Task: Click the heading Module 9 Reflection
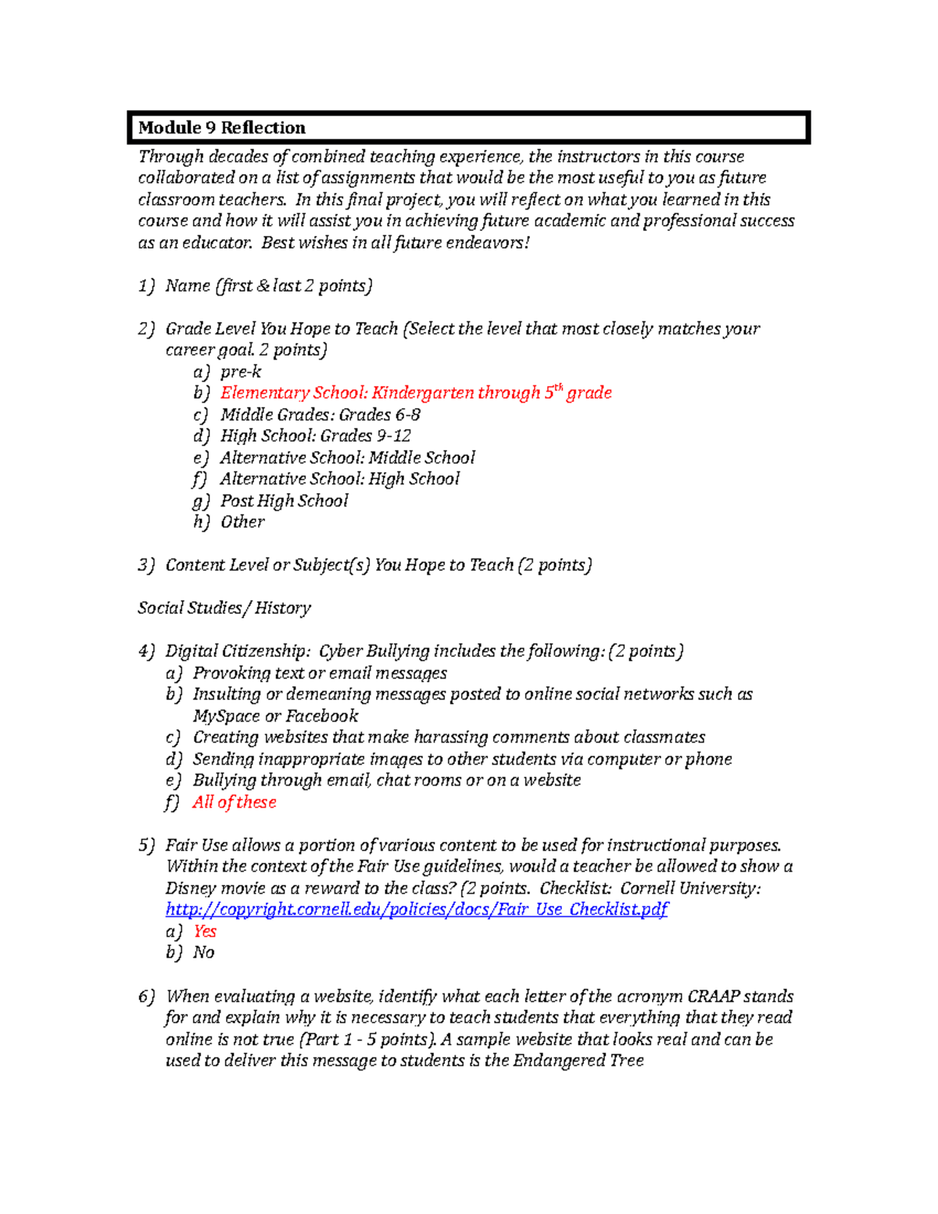[222, 127]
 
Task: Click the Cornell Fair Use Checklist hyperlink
[417, 909]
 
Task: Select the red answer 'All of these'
[234, 802]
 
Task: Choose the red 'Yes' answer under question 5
[205, 931]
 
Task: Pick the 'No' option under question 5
[203, 952]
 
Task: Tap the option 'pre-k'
[241, 371]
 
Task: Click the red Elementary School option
[416, 392]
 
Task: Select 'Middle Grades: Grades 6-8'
[320, 414]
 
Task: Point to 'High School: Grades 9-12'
[315, 435]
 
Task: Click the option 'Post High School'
[284, 500]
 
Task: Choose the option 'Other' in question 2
[242, 521]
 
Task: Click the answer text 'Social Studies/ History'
[224, 607]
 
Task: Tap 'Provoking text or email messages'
[320, 673]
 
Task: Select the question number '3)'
[146, 564]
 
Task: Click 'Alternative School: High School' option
[339, 478]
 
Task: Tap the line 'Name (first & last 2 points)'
[268, 285]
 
